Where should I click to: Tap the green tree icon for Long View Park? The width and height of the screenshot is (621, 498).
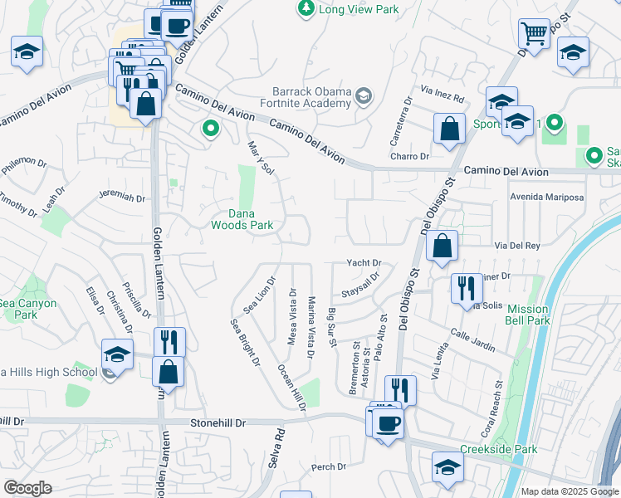pyautogui.click(x=306, y=8)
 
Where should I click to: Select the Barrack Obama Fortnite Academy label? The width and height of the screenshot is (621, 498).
pyautogui.click(x=312, y=97)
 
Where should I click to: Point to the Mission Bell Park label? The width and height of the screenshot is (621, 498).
pyautogui.click(x=529, y=315)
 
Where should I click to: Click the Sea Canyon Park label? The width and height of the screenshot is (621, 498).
pyautogui.click(x=27, y=309)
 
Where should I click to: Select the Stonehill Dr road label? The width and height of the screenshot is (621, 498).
pyautogui.click(x=219, y=422)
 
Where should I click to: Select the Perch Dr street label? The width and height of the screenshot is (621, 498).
pyautogui.click(x=328, y=467)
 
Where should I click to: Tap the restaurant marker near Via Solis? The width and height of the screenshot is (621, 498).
pyautogui.click(x=465, y=288)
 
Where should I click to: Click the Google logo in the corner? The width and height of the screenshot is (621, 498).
pyautogui.click(x=27, y=488)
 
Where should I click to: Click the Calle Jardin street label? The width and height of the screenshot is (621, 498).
pyautogui.click(x=472, y=341)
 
